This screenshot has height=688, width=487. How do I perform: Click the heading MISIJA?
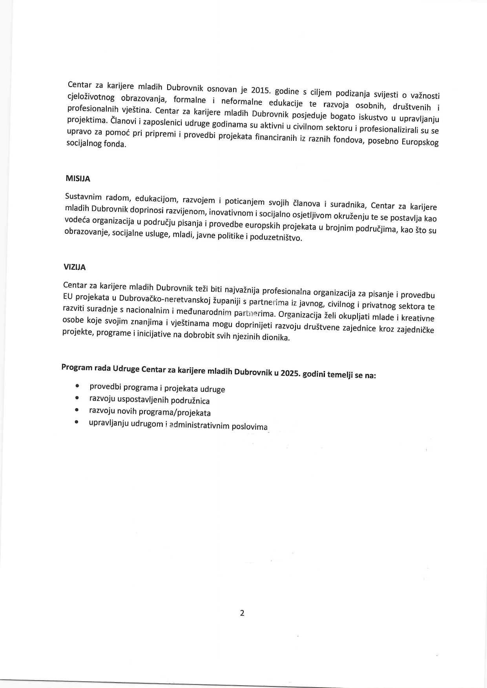(78, 179)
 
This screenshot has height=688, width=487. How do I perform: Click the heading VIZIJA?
(75, 267)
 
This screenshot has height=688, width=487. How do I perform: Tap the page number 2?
(242, 613)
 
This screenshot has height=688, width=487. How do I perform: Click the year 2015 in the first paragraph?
(261, 91)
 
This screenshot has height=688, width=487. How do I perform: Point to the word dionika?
(277, 338)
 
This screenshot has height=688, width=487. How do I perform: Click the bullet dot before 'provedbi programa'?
(78, 386)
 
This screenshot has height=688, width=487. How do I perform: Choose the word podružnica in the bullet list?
(190, 401)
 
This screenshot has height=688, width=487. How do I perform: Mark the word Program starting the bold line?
(77, 367)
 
